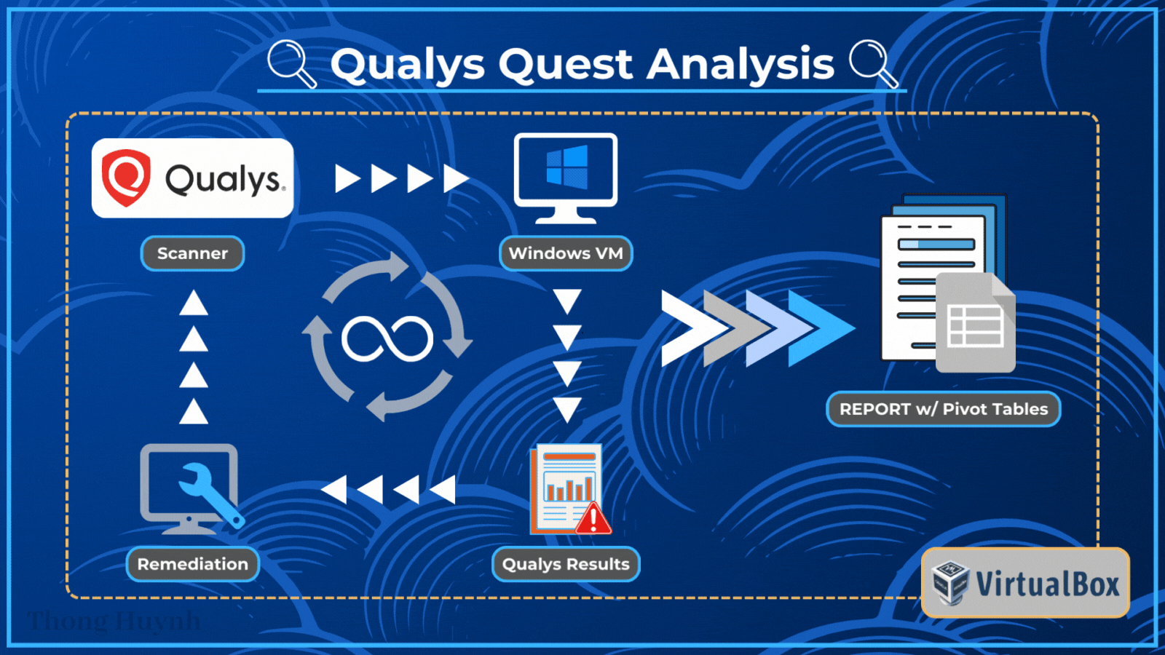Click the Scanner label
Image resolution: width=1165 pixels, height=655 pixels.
coord(192,253)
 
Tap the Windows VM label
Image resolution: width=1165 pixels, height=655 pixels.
coord(566,253)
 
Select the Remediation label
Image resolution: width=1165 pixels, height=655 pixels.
coord(192,564)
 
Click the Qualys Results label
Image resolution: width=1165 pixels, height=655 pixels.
coord(566,564)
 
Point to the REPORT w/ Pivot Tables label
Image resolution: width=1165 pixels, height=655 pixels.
coord(943,409)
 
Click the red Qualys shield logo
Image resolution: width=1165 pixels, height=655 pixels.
coord(126,178)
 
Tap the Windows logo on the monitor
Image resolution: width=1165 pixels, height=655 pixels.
coord(566,167)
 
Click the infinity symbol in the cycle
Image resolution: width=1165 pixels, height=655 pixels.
coord(387,339)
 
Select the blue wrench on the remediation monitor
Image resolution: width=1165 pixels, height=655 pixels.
coord(211,495)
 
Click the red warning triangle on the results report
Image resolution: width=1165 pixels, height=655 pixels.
coord(593,518)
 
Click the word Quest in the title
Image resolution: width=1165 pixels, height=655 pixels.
coord(566,64)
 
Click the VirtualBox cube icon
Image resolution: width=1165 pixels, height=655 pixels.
coord(950,582)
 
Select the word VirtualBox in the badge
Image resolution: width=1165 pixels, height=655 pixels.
coord(1047,584)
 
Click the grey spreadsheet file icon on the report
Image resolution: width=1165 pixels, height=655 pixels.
coord(975,324)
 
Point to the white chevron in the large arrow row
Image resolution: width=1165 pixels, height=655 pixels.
coord(688,328)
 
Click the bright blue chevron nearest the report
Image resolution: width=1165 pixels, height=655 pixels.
coord(823,328)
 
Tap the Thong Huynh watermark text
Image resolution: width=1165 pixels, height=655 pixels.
coord(114,621)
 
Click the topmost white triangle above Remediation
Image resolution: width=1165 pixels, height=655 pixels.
coord(194,303)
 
